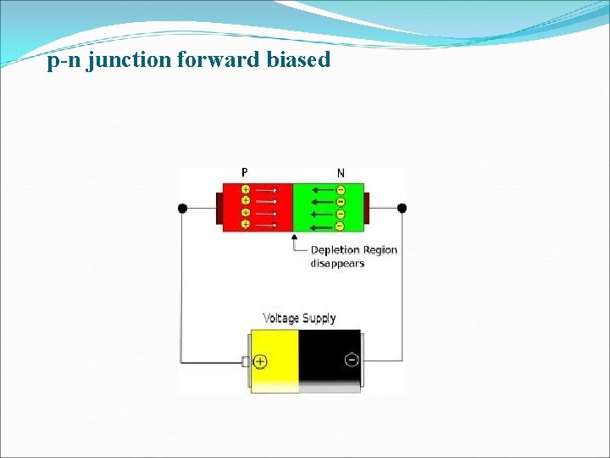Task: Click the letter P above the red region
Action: tap(245, 173)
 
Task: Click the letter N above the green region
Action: tap(341, 173)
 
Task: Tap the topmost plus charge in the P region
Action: tap(245, 190)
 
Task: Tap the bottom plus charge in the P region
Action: tap(245, 224)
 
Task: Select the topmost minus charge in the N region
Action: tap(341, 190)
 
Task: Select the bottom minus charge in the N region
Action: tap(341, 226)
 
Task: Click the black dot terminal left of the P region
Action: tap(181, 208)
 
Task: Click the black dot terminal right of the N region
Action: tap(402, 208)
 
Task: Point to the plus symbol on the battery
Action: tap(259, 361)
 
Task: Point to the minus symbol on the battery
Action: tap(352, 360)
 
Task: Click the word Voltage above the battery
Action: tap(281, 318)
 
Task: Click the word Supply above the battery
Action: tap(319, 319)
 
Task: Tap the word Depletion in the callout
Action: tap(336, 249)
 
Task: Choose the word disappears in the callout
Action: tap(337, 263)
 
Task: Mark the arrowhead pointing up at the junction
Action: tap(294, 238)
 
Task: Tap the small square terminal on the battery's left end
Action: tap(246, 362)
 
